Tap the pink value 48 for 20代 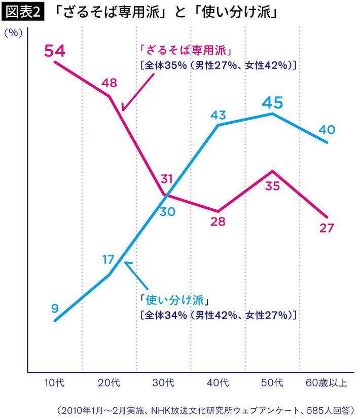click(x=110, y=83)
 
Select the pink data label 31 click(x=167, y=179)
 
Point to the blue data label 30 click(x=167, y=212)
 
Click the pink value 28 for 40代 click(x=218, y=221)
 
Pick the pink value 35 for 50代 click(x=272, y=186)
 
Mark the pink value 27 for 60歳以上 click(x=327, y=228)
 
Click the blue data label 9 click(x=55, y=308)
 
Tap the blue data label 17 click(x=108, y=260)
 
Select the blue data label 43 click(x=218, y=115)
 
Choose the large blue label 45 click(x=272, y=103)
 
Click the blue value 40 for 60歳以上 click(x=327, y=130)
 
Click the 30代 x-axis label click(x=164, y=382)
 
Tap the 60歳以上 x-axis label click(x=327, y=382)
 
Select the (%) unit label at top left click(x=14, y=33)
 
